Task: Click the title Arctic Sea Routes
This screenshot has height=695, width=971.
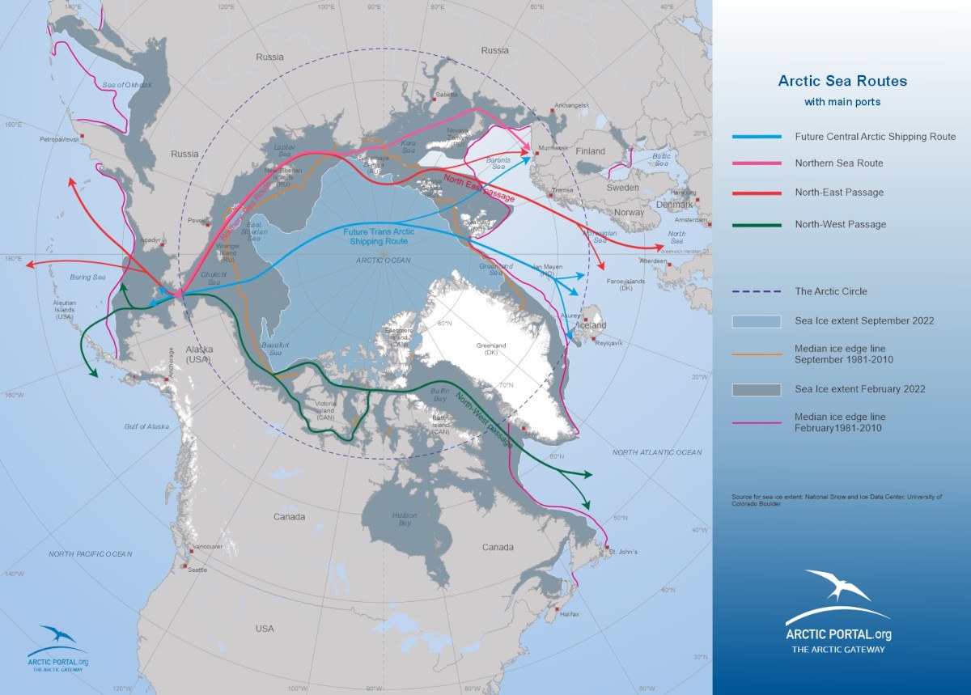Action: [842, 81]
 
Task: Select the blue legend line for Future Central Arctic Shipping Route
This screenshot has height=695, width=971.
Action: [757, 137]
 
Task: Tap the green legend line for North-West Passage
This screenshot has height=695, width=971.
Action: [757, 224]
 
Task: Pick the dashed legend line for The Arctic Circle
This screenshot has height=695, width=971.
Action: [757, 291]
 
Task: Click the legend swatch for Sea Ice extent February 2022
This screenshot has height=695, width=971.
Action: [757, 389]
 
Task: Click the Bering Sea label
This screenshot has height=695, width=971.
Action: [89, 278]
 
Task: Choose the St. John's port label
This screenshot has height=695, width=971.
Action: [624, 552]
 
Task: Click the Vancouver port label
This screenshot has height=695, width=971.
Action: [209, 547]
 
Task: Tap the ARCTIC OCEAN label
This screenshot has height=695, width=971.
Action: [384, 261]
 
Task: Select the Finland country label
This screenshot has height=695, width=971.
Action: [591, 151]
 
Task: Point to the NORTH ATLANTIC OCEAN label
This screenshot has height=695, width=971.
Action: [657, 452]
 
